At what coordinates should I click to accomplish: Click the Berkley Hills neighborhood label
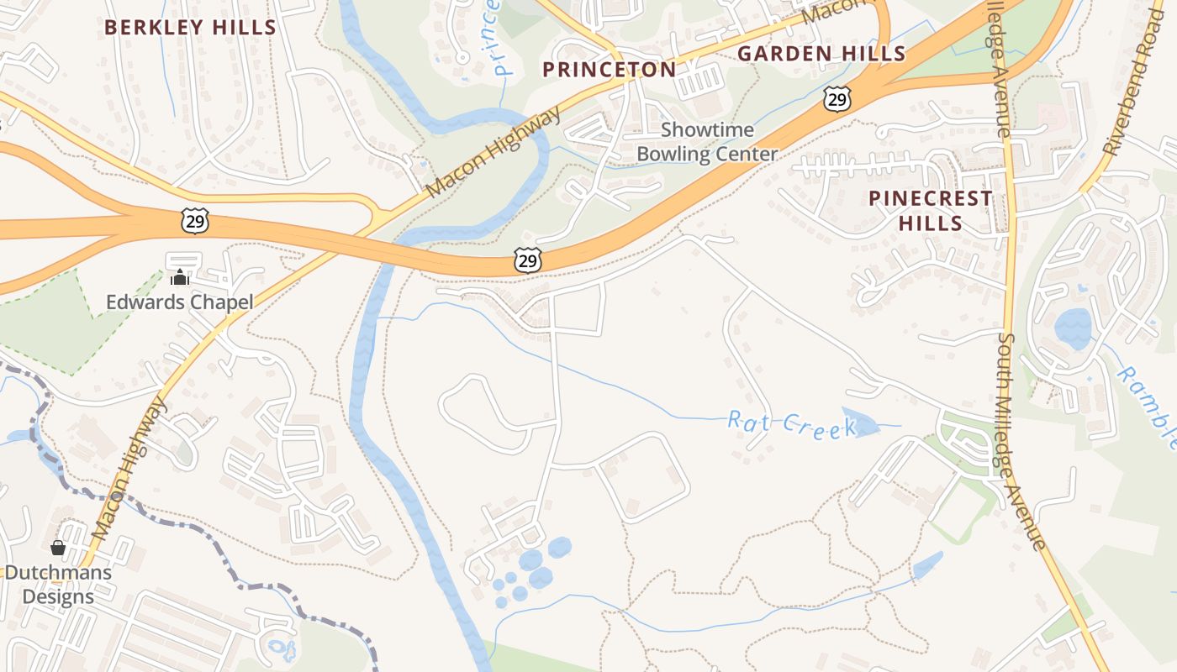(190, 27)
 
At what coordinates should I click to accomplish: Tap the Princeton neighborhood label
(610, 70)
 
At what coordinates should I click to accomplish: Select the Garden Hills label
(821, 55)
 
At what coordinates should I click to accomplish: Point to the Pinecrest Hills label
(931, 211)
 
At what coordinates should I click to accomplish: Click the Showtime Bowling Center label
(707, 142)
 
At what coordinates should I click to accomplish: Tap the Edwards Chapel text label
(179, 302)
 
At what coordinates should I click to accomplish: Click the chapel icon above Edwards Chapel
(179, 276)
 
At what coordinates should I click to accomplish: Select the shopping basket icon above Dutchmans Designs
(58, 549)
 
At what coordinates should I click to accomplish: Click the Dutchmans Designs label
(57, 585)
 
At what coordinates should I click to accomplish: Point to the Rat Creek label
(790, 424)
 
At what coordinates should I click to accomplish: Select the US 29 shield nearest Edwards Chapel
(194, 222)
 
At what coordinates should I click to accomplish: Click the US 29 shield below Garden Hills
(837, 100)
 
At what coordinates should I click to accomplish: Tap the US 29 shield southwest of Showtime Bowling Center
(527, 260)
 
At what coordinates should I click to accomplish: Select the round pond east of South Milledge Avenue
(1073, 328)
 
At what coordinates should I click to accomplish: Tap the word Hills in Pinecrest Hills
(931, 223)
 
